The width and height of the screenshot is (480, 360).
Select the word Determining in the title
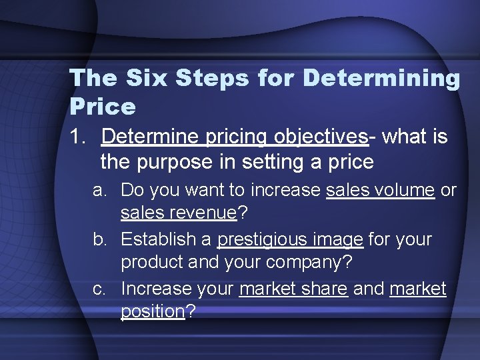click(x=381, y=78)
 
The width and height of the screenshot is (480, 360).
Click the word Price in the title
click(x=103, y=106)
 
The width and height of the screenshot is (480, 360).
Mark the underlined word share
click(x=326, y=289)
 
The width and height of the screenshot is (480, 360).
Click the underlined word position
click(x=153, y=312)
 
